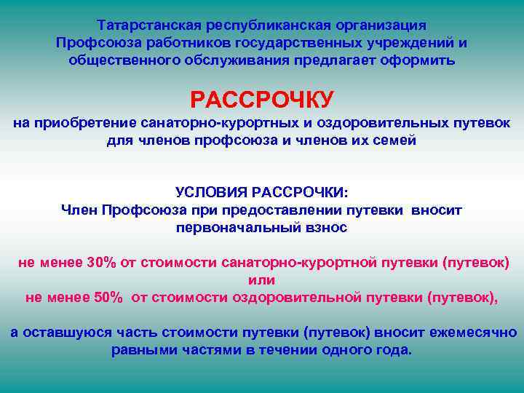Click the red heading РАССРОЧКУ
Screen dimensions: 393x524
[261, 98]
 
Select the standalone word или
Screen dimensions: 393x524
[261, 279]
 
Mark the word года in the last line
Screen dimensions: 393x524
[394, 349]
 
